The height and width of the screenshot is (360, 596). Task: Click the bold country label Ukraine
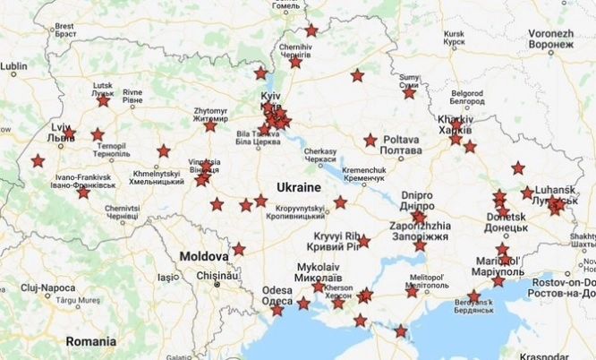pos(298,187)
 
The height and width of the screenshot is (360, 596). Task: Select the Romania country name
pos(90,341)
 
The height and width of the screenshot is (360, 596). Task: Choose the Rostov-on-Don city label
pos(563,282)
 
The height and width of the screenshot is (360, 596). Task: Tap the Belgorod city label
pos(465,97)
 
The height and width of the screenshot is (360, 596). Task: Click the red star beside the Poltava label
pos(370,141)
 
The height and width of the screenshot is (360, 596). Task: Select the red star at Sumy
pos(409,92)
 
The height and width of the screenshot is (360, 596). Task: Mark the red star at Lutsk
pos(103,100)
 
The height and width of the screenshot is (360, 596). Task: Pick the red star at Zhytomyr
pos(209,126)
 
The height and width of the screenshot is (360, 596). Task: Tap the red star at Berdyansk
pos(473,296)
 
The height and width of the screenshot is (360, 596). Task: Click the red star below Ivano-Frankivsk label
pos(83,193)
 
